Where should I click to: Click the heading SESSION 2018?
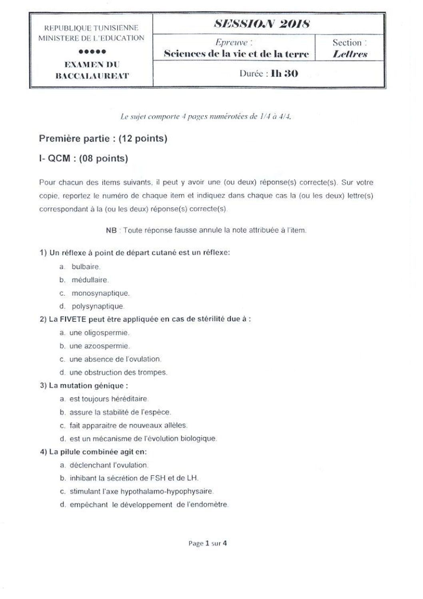point(262,24)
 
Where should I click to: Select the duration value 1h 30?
point(284,74)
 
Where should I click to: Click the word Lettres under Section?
point(350,54)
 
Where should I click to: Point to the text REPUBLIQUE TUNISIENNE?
point(91,28)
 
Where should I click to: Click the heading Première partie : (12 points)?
point(103,139)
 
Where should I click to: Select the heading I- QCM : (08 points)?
point(84,158)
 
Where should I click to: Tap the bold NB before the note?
point(112,230)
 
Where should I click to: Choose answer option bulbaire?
point(85,266)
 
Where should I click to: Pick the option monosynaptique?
point(100,293)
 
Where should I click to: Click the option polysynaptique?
point(98,307)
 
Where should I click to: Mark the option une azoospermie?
point(100,346)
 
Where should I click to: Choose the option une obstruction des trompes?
point(118,373)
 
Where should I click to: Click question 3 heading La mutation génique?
point(88,386)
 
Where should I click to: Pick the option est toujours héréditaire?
point(109,399)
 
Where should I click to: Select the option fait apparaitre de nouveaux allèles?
point(128,425)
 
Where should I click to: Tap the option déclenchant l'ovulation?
point(109,465)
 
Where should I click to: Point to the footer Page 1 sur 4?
point(208,543)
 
